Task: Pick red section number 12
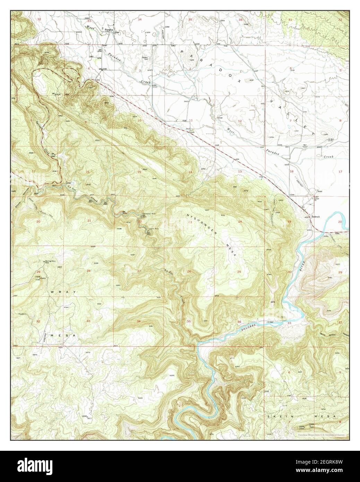[x=240, y=121]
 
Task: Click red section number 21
[x=89, y=221]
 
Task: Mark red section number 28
[x=88, y=271]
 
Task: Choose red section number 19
[x=289, y=221]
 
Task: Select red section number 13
[x=240, y=172]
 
